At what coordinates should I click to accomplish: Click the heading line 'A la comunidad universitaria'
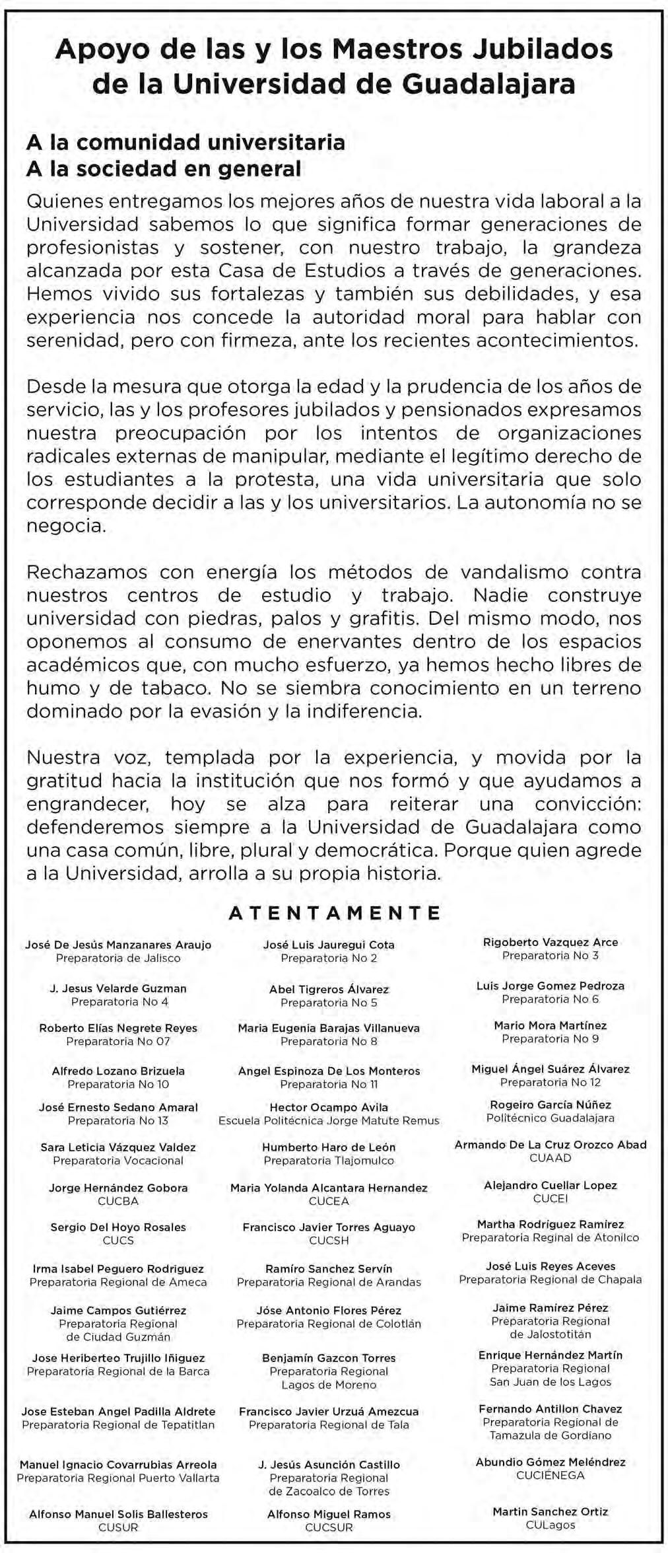[185, 142]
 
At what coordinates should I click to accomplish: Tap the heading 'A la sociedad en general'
[164, 169]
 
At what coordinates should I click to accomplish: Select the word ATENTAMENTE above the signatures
[334, 913]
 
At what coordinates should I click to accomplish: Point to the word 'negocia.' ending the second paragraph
[66, 526]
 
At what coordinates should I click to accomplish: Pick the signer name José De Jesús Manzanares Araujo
[118, 945]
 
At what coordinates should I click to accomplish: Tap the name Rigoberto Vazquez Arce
[551, 942]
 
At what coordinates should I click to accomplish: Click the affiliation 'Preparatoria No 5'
[329, 1003]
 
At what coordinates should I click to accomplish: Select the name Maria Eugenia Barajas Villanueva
[329, 1028]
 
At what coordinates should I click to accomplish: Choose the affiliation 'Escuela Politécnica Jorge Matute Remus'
[329, 1120]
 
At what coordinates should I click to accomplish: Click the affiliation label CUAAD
[551, 1158]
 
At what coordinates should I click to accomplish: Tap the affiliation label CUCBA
[118, 1201]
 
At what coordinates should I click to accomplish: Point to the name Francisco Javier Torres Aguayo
[329, 1227]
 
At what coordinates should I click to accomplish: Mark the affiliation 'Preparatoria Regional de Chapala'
[551, 1280]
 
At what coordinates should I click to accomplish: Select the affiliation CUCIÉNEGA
[551, 1475]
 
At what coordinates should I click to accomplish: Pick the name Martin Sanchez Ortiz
[551, 1511]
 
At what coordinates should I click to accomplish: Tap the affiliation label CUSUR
[118, 1527]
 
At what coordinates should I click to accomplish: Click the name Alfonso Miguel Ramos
[329, 1514]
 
